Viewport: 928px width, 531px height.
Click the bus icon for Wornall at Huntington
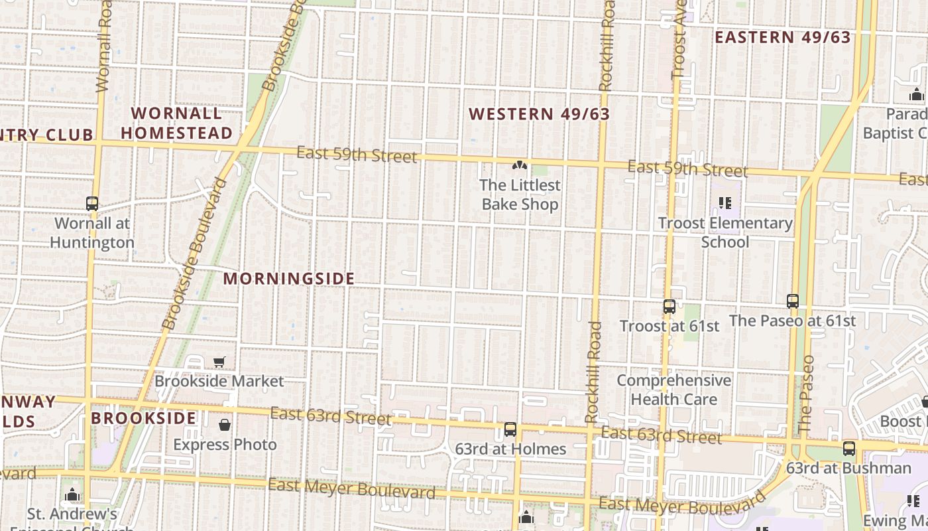[92, 204]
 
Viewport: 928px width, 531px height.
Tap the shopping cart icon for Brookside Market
[219, 362]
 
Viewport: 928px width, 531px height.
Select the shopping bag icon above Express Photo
[225, 425]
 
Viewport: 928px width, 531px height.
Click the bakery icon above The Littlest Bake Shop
[520, 165]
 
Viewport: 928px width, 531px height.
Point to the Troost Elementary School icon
[725, 203]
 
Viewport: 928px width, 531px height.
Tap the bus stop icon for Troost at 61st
[669, 307]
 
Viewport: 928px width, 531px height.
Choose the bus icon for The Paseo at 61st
[793, 301]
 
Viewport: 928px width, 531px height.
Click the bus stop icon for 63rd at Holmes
[510, 429]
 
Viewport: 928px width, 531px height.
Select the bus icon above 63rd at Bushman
[849, 449]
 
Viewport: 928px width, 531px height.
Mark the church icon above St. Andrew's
[72, 494]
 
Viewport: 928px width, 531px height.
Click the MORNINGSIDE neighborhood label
[289, 279]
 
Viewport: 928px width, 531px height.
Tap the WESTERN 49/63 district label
[539, 114]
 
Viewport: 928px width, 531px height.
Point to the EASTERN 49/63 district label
[782, 37]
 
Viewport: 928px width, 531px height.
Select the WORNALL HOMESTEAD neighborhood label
[177, 123]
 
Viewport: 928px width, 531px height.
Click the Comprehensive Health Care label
[674, 390]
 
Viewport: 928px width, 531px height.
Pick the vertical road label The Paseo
[805, 394]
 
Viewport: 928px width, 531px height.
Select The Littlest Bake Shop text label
[520, 194]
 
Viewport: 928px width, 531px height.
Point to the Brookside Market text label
[219, 381]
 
